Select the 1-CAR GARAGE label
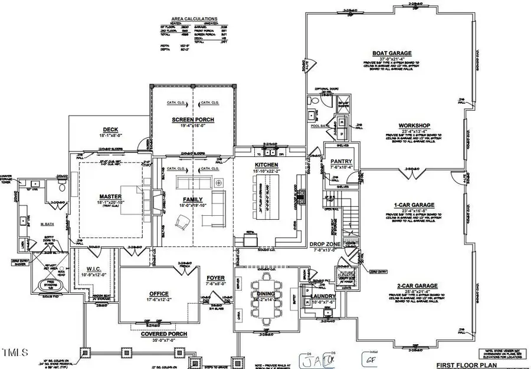point(414,205)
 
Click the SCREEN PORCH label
point(193,120)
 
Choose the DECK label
point(111,130)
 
